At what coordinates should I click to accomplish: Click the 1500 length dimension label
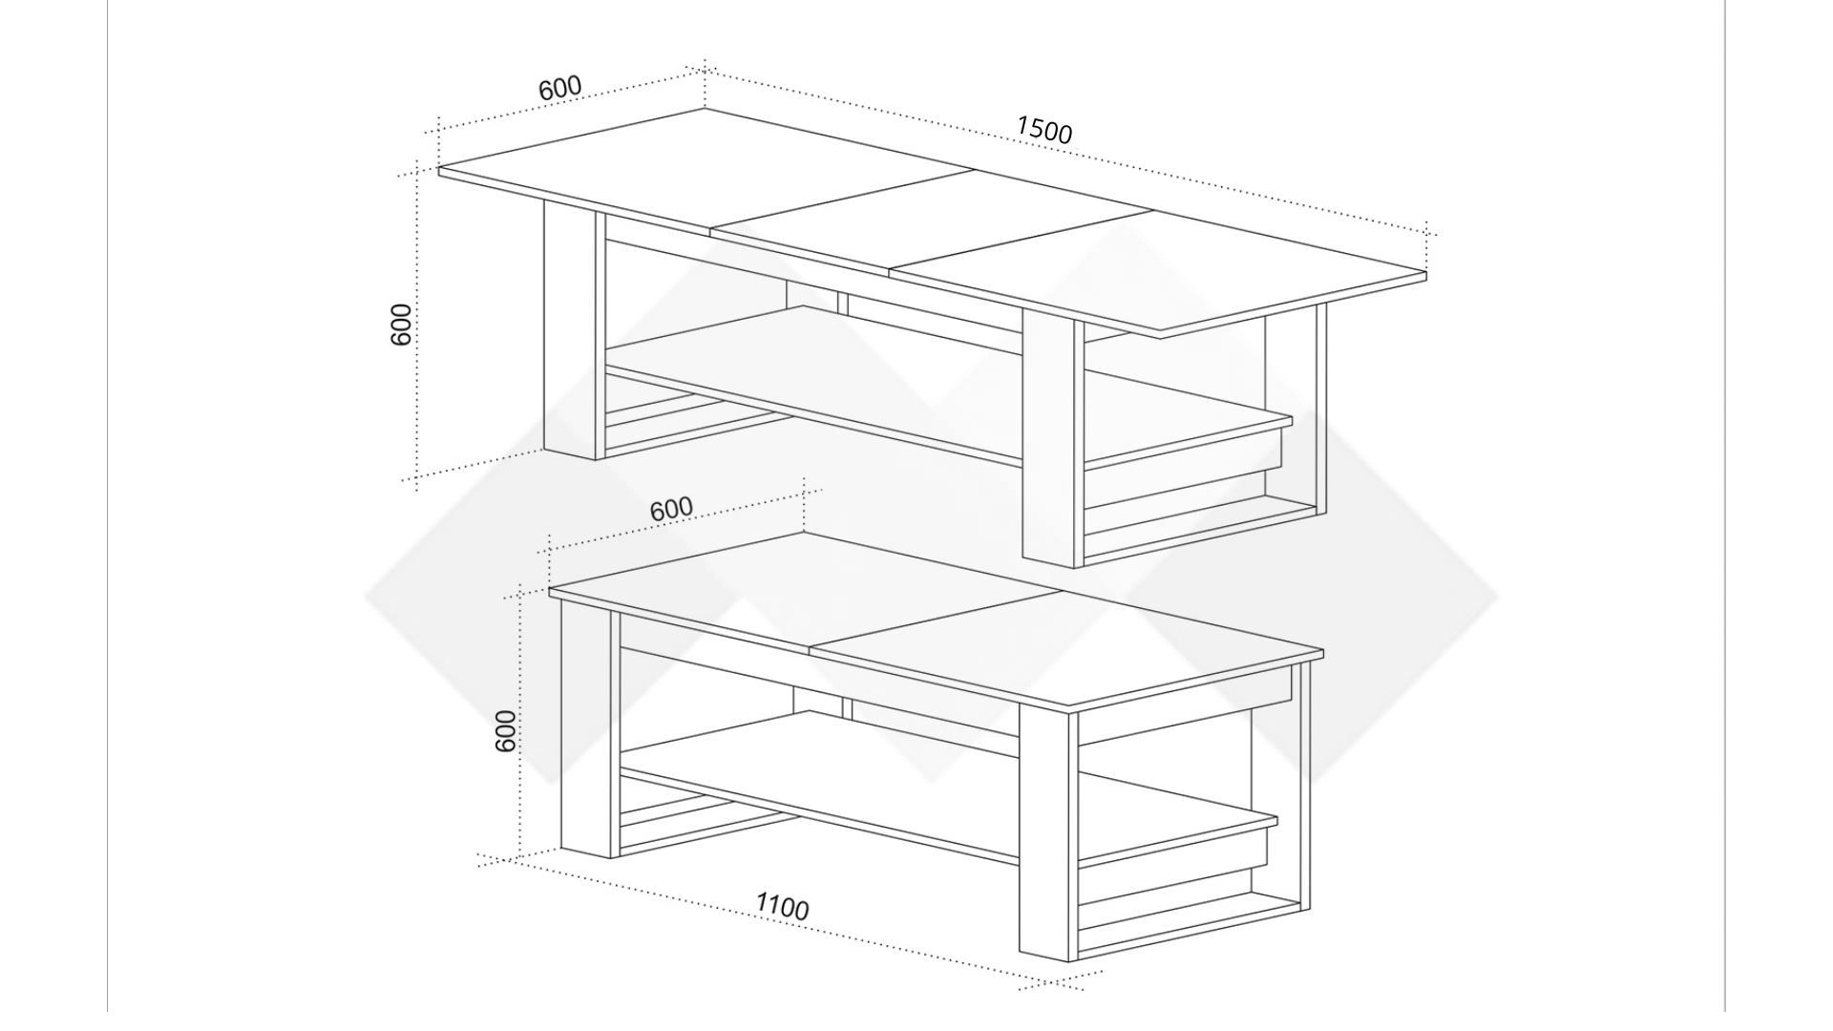point(1044,130)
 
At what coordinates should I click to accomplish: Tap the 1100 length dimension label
point(782,906)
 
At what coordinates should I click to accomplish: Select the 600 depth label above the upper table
point(559,88)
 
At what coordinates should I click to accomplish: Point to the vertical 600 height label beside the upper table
point(402,325)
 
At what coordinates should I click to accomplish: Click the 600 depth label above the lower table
point(671,510)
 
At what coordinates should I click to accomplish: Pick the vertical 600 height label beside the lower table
point(507,730)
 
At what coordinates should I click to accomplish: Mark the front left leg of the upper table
point(570,329)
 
